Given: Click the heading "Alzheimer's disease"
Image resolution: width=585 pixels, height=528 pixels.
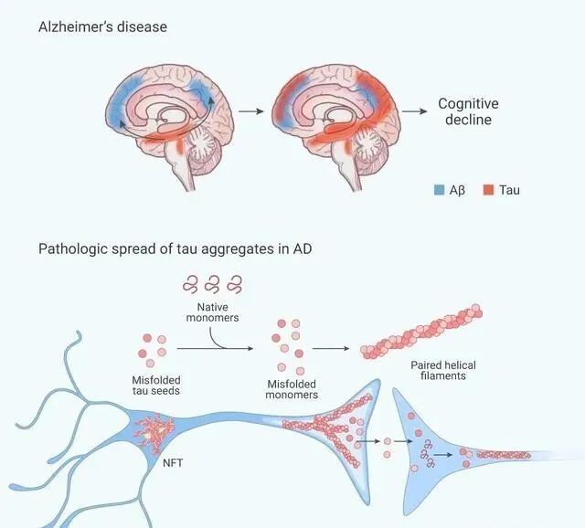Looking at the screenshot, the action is (102, 26).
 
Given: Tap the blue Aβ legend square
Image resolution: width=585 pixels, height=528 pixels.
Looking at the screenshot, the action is (439, 190).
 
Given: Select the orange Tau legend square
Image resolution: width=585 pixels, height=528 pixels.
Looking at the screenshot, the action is (488, 190).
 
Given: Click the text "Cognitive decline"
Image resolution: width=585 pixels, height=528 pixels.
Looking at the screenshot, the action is (468, 111).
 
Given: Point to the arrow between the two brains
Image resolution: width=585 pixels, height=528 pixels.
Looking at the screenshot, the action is (251, 111).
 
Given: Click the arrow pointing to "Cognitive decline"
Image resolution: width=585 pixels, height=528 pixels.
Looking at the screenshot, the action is (414, 111).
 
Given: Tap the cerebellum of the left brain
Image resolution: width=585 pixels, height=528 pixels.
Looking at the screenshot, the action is (203, 147).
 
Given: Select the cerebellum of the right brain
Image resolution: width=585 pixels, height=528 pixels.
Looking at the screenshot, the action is (370, 148).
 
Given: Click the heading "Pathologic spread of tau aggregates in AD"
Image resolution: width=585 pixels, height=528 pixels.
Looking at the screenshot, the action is (175, 248).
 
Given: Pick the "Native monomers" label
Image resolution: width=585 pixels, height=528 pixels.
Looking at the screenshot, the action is (213, 312).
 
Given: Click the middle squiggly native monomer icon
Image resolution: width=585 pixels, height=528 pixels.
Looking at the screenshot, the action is (213, 284).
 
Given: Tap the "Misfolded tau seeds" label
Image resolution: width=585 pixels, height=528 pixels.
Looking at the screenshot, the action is (156, 385).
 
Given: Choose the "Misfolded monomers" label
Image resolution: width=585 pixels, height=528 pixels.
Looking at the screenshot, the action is (292, 390).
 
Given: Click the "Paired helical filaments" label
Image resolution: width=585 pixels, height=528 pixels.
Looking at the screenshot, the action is (443, 370).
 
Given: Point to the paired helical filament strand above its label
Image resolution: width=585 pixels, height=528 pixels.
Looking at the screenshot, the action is (421, 333).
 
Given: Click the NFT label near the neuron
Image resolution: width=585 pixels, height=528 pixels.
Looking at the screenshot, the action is (173, 463).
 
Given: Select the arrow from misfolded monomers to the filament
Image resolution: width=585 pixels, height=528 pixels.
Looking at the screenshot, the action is (331, 348).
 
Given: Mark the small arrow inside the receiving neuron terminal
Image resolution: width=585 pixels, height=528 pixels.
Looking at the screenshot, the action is (443, 455).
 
